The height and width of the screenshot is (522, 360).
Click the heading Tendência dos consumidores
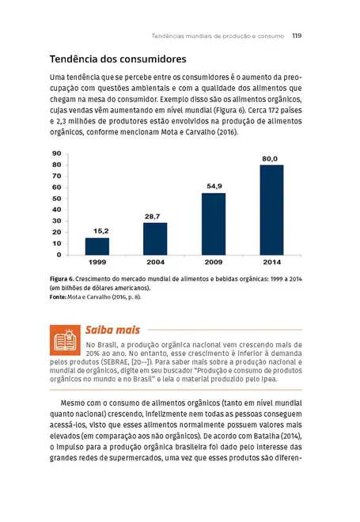point(117,59)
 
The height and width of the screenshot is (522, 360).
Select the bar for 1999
point(97,246)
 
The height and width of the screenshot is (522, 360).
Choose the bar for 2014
point(271,210)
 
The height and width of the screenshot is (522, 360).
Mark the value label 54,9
point(214,187)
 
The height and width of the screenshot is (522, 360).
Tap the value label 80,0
point(270,159)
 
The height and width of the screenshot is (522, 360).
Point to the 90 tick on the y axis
point(57,153)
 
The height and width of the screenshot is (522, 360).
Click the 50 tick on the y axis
point(57,199)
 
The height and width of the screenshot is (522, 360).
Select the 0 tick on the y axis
point(59,255)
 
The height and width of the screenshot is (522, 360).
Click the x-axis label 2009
point(214,262)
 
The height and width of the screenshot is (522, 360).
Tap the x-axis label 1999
point(97,262)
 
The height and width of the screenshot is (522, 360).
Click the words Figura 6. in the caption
point(62,280)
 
